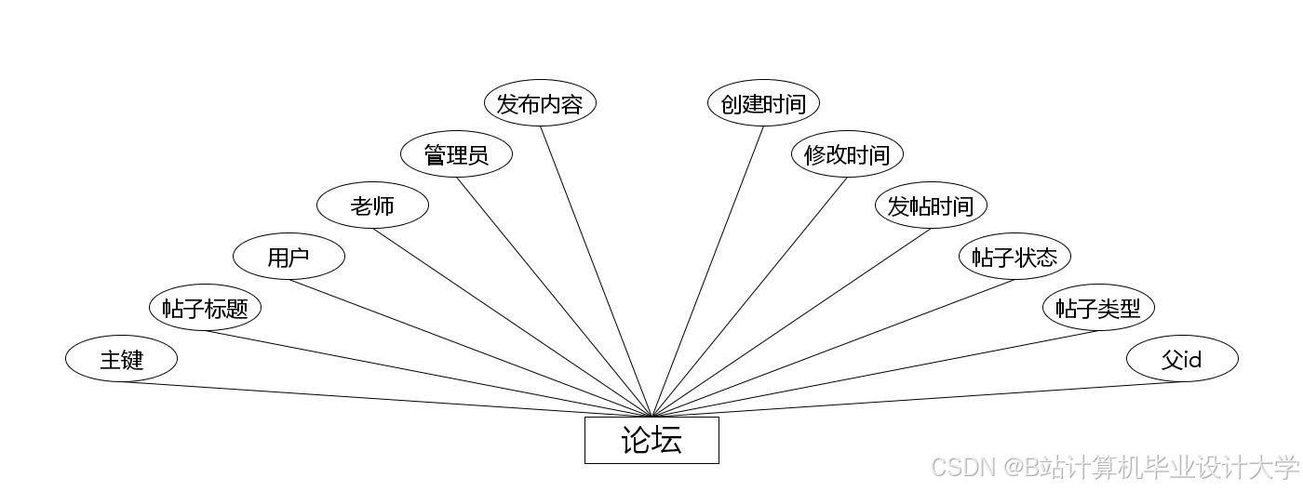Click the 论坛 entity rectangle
pos(651,440)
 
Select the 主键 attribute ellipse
pos(121,359)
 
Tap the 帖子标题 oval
pos(205,308)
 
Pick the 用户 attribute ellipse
pos(289,257)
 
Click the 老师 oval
pos(372,206)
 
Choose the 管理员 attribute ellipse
pos(456,154)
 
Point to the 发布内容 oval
pos(540,103)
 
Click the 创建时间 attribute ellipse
pos(763,103)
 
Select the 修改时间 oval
pos(847,154)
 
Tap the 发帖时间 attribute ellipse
pos(931,206)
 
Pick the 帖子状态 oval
pos(1014,257)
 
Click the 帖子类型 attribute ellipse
pos(1098,308)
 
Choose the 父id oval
pos(1182,359)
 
